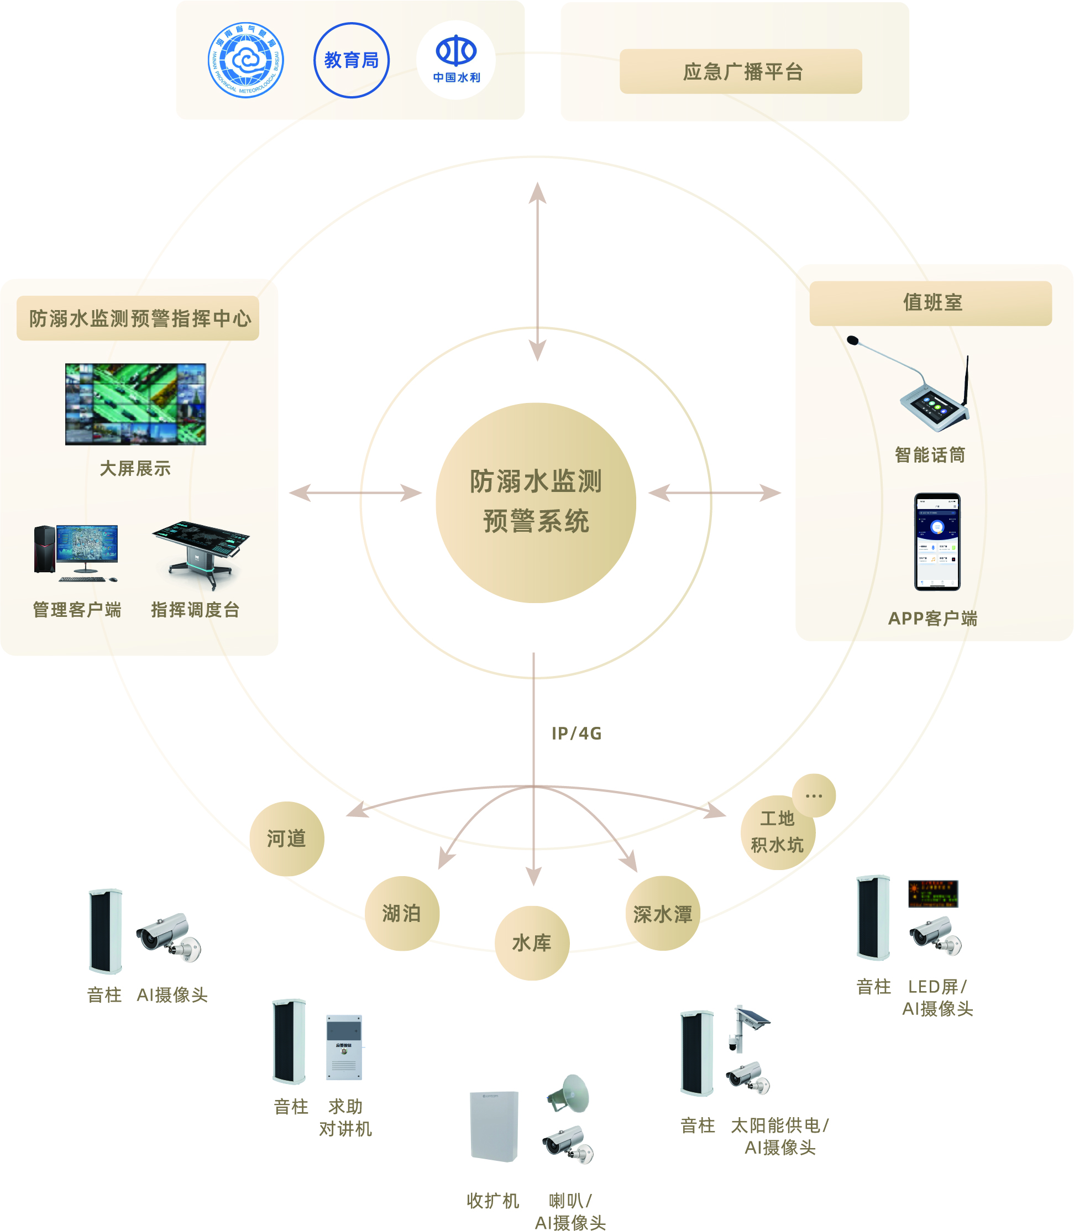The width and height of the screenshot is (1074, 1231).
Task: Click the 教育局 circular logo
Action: (x=351, y=60)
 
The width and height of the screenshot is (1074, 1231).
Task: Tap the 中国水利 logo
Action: (x=456, y=59)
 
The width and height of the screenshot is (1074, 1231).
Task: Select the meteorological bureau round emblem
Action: (x=246, y=60)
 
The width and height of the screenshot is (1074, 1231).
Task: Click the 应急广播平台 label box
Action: (x=740, y=71)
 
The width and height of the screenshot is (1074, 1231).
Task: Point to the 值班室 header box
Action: (x=930, y=303)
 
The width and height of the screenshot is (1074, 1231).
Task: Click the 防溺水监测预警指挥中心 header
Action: (x=138, y=318)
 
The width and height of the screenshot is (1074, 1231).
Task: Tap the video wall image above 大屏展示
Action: (x=135, y=404)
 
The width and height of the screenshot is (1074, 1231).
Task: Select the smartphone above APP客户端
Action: (x=937, y=542)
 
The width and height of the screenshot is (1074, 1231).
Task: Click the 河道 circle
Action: (x=286, y=839)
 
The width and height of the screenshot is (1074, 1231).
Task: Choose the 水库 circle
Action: (x=532, y=942)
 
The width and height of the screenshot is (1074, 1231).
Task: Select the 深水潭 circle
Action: (x=662, y=913)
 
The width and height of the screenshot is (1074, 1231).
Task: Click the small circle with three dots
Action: (x=813, y=795)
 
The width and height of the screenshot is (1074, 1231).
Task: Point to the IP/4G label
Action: (x=576, y=733)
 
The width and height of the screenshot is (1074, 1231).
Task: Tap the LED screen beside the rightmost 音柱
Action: (x=932, y=894)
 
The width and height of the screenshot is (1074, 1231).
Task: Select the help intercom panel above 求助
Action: (x=344, y=1046)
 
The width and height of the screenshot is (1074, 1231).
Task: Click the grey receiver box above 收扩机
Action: (x=494, y=1126)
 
